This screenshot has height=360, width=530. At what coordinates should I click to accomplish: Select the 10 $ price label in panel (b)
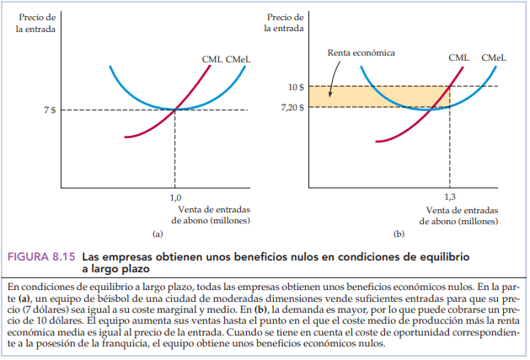coord(296,87)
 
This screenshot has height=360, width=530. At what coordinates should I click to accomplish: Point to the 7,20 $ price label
coord(292,107)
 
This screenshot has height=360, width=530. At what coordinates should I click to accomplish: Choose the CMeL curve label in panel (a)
coord(239,59)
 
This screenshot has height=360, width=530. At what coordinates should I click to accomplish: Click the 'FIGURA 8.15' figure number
coord(39,255)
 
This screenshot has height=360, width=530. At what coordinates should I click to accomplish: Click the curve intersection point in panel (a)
coord(175,110)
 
